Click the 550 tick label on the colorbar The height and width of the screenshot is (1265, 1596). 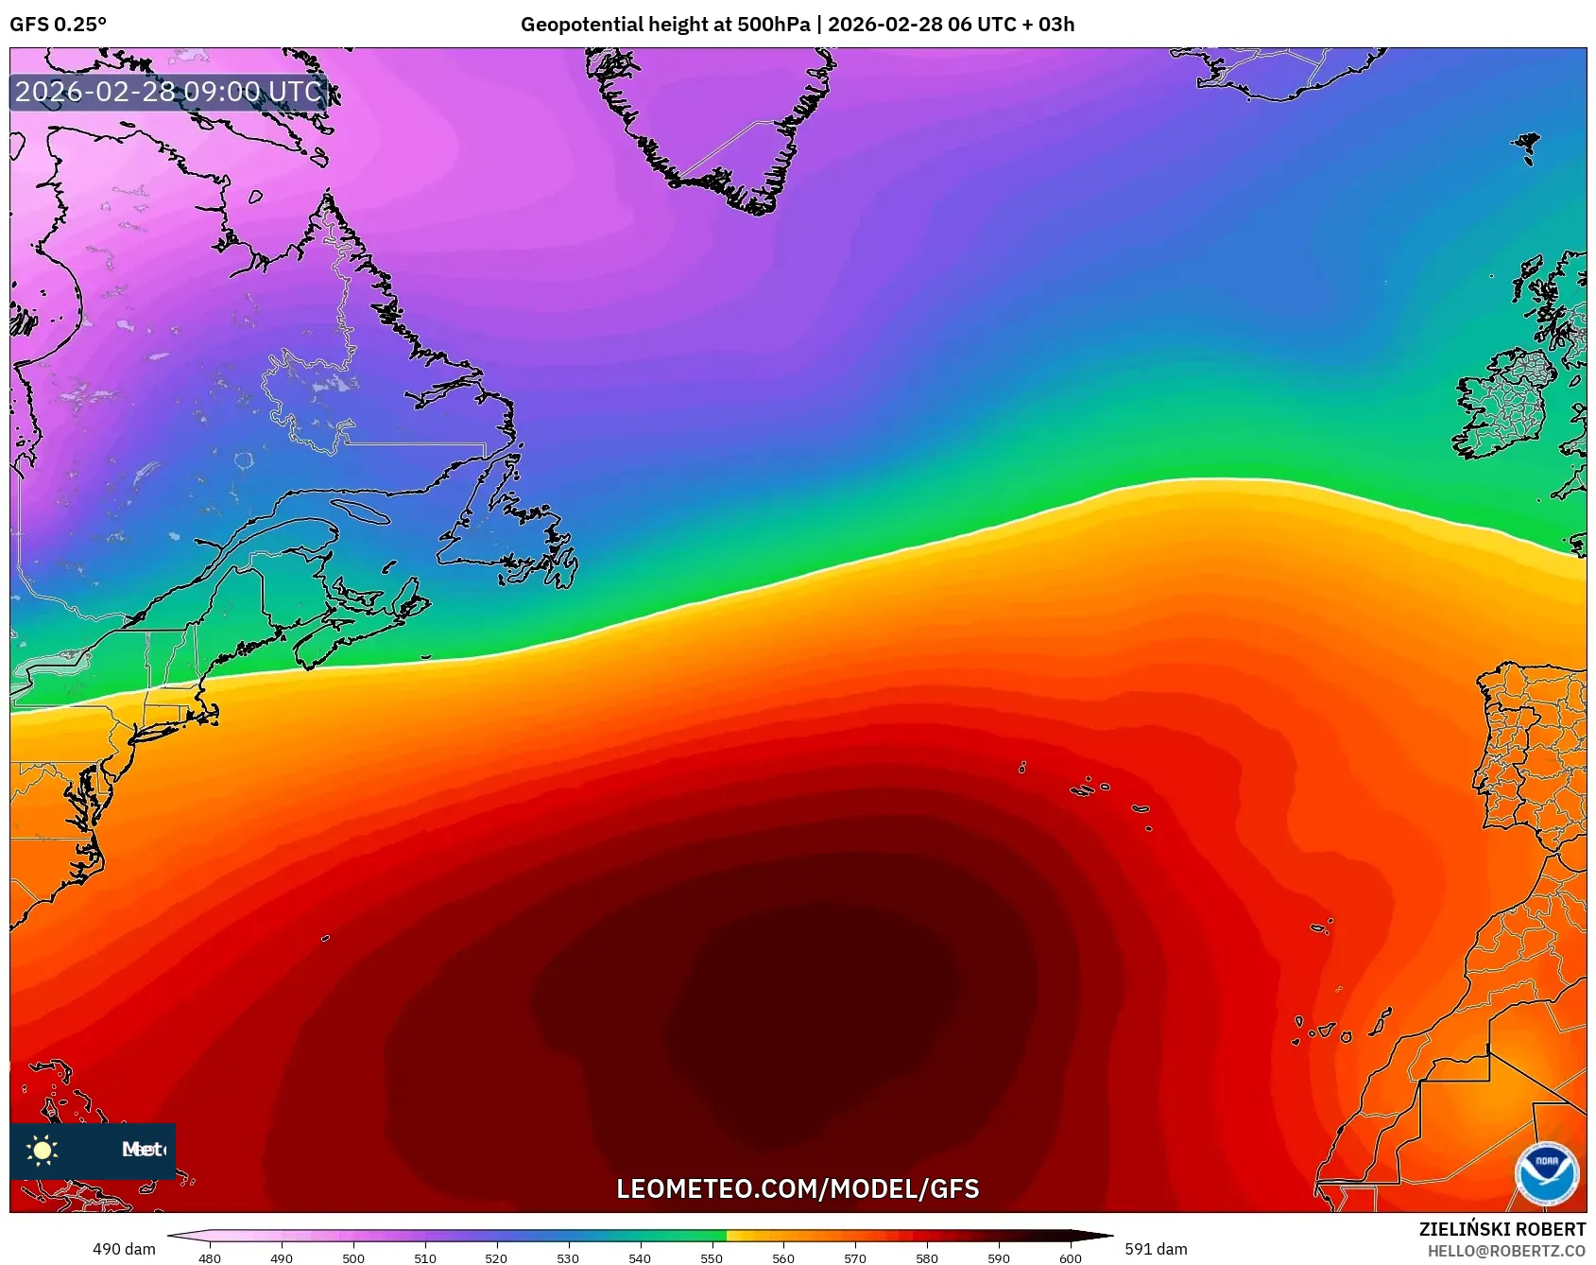click(x=712, y=1258)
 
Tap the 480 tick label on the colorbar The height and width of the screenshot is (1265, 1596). click(x=210, y=1258)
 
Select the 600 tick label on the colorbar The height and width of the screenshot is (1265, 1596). click(x=1071, y=1258)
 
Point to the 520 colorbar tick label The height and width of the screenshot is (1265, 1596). click(x=496, y=1258)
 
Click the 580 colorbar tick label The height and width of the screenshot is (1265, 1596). click(x=927, y=1258)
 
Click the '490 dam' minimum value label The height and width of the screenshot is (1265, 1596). click(x=124, y=1249)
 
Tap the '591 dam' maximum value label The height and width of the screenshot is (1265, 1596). click(x=1156, y=1249)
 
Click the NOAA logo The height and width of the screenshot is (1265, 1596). click(x=1547, y=1174)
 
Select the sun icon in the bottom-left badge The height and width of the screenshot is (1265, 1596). click(x=43, y=1150)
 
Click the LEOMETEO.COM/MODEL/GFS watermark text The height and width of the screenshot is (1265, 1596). click(x=798, y=1188)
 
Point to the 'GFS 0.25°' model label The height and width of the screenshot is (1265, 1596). click(x=58, y=25)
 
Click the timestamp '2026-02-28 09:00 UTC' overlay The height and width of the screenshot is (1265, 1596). click(x=168, y=92)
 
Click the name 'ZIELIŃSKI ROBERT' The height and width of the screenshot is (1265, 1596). click(x=1502, y=1229)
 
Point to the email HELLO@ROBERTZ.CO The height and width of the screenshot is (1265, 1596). click(x=1506, y=1251)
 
